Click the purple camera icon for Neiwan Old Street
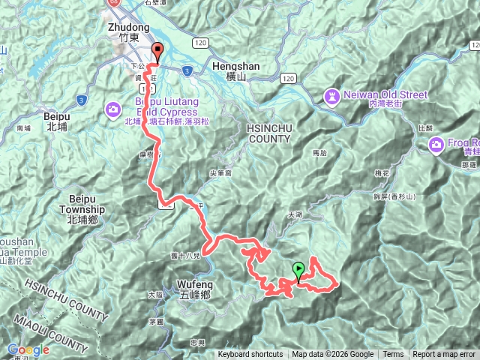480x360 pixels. point(332,95)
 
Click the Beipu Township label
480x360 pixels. point(84,210)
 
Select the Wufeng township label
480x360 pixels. point(196,284)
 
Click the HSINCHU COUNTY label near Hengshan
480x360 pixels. point(268,133)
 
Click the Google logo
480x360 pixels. point(28,349)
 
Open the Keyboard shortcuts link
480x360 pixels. point(250,355)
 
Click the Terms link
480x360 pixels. point(393,355)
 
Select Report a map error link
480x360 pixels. point(444,355)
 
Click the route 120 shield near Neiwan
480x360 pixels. point(288,78)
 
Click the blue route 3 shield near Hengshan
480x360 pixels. point(187,70)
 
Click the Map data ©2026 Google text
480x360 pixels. point(333,355)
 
